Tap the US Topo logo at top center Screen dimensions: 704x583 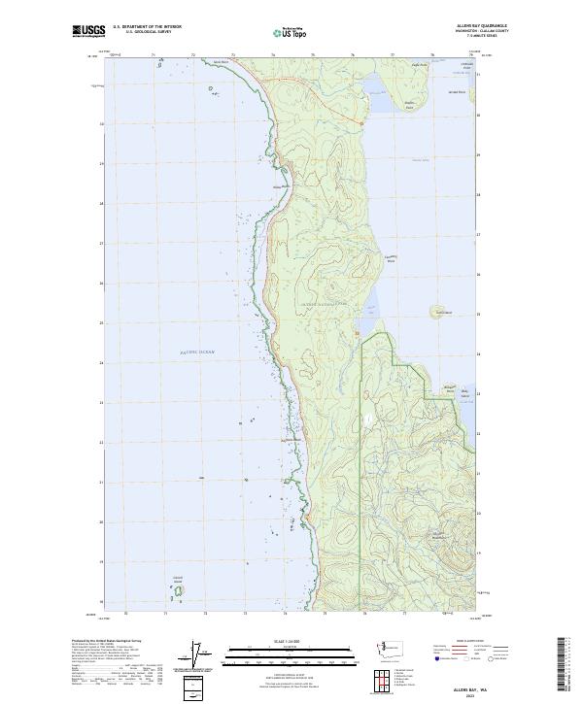[291, 32]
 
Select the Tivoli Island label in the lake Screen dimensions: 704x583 [443, 312]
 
